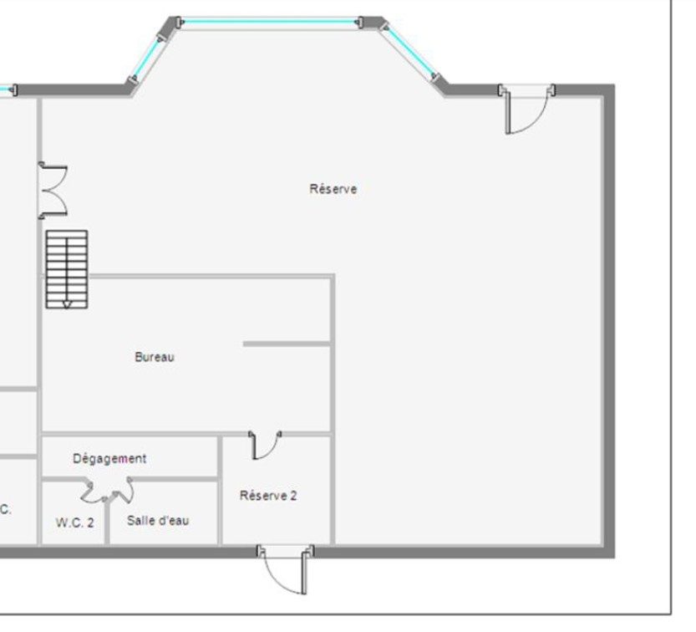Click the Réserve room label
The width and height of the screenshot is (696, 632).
click(333, 189)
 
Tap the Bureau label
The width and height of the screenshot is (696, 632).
click(155, 357)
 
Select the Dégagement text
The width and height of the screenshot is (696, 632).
click(109, 458)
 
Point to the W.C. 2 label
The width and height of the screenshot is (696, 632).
click(75, 522)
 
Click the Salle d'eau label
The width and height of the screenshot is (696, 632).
click(158, 520)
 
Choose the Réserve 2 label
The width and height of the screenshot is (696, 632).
click(268, 495)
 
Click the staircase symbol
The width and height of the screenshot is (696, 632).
click(67, 269)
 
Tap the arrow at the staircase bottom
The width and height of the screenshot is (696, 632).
click(67, 304)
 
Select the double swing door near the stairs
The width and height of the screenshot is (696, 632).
click(53, 190)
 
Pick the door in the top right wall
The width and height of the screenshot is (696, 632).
click(527, 109)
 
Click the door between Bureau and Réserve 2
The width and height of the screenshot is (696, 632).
click(265, 445)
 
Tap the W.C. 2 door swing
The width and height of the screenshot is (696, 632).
click(94, 492)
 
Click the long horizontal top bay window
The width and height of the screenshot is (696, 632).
click(270, 21)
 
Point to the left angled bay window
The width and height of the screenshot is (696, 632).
click(147, 58)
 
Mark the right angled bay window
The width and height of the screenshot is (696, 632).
click(409, 52)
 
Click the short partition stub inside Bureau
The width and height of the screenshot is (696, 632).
click(287, 344)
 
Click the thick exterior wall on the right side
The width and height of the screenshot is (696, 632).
click(608, 321)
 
